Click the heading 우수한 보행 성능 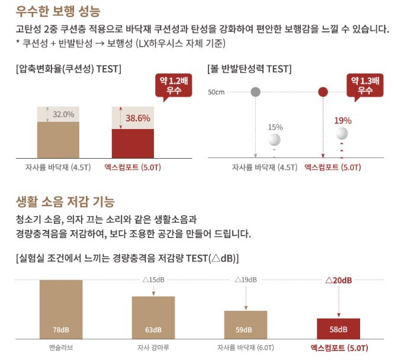point(58,11)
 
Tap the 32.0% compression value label point(63,114)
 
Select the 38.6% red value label point(137,118)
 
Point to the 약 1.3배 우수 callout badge point(365,85)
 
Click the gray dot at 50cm point(255,92)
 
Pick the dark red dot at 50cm point(323,92)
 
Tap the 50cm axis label point(216,92)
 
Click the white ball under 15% point(274,140)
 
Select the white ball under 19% point(342,134)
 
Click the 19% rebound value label point(342,121)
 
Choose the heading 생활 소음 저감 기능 point(65,202)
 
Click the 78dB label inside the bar point(61,329)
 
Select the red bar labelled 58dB point(338,327)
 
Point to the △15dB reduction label point(153,279)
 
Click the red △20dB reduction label point(338,279)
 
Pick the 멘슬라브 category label point(61,348)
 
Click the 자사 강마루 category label point(153,348)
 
